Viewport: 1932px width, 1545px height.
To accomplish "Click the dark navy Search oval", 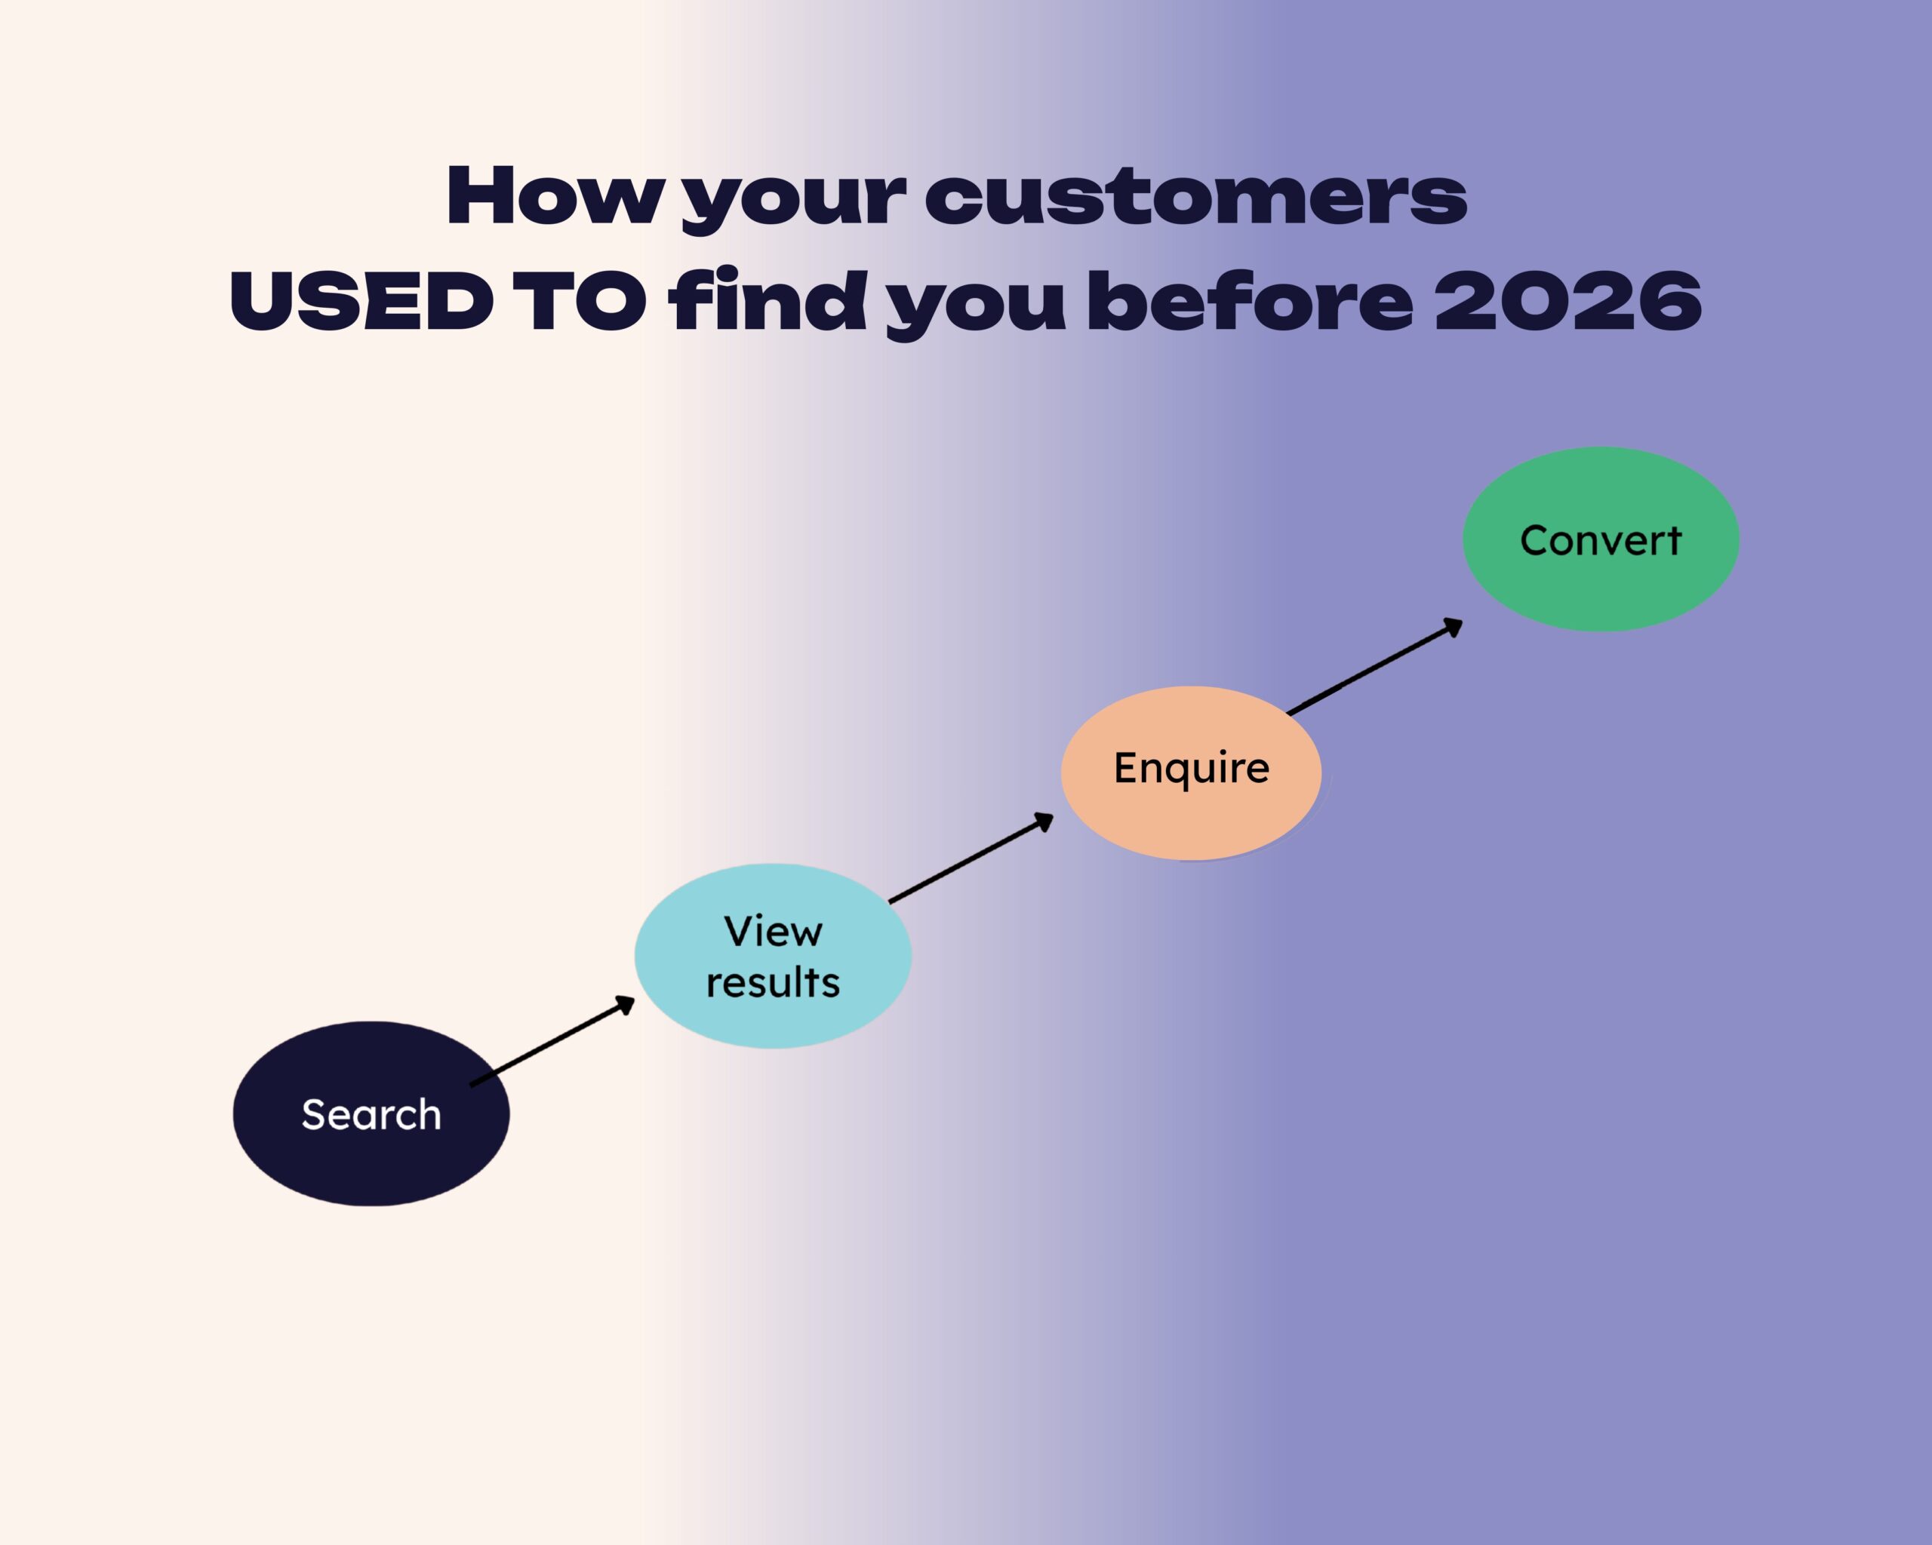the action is coord(371,1113).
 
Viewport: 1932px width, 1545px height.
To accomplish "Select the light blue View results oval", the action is coord(773,956).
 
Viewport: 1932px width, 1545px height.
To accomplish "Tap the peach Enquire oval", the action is coord(1191,773).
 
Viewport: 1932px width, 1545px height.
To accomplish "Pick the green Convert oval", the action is coord(1601,539).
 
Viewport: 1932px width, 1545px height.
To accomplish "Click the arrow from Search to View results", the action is coord(552,1041).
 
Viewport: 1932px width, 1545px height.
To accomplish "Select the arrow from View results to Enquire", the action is coord(971,857).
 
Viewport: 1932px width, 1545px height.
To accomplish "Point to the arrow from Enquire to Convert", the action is coord(1374,666).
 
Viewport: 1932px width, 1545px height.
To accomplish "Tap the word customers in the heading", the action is coord(1195,197).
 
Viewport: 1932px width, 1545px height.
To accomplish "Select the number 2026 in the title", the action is coord(1568,301).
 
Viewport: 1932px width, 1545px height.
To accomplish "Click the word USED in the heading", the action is coord(361,301).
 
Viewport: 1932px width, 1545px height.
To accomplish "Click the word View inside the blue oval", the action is coord(773,932).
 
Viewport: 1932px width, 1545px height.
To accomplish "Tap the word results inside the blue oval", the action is coord(773,981).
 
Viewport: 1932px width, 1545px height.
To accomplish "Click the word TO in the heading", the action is coord(580,301).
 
